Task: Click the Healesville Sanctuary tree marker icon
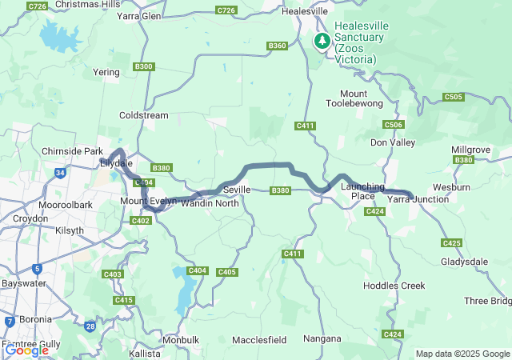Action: click(x=322, y=40)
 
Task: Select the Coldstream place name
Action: click(x=143, y=115)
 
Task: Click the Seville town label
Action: click(x=237, y=190)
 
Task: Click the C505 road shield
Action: click(x=453, y=97)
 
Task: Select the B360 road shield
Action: click(x=278, y=46)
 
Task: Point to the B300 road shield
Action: click(x=144, y=66)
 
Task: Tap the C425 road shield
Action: click(x=451, y=242)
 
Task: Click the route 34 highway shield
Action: click(x=59, y=172)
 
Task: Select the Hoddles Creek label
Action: click(x=394, y=286)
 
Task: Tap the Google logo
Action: click(x=26, y=350)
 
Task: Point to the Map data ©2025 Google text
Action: click(x=462, y=354)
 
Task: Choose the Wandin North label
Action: click(x=210, y=203)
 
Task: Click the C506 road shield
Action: click(x=393, y=125)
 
